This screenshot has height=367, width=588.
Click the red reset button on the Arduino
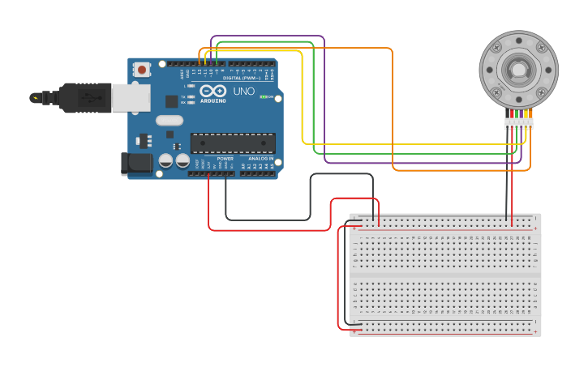(x=143, y=70)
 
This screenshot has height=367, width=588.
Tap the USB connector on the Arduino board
(x=130, y=97)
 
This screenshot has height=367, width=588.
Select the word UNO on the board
(x=244, y=92)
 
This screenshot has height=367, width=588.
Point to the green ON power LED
(x=262, y=97)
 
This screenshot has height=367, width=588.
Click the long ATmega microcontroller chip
(x=232, y=143)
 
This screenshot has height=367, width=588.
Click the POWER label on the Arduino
(x=225, y=159)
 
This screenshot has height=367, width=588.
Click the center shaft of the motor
(x=518, y=70)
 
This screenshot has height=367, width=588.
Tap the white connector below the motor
(x=518, y=123)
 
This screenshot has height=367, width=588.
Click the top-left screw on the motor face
(x=497, y=48)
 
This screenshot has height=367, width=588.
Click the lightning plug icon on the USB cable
(x=35, y=98)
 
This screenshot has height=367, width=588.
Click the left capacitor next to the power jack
(x=165, y=160)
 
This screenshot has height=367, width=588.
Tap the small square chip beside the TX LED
(x=171, y=101)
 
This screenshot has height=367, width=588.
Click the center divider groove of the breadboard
(x=444, y=275)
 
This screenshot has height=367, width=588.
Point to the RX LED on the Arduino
(x=190, y=103)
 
